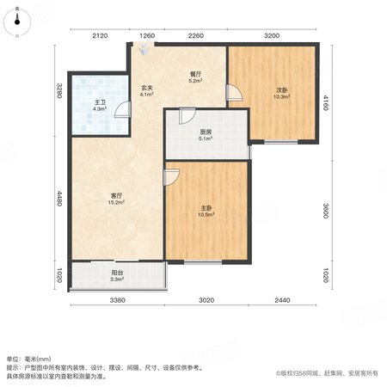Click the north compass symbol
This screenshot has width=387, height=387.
(17, 21)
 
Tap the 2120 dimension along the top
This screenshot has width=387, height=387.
(100, 36)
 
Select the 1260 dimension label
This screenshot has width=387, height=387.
(147, 36)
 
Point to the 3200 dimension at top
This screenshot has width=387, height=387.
(272, 36)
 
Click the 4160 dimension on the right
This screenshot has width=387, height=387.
(325, 103)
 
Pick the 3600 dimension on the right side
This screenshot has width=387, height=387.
(325, 211)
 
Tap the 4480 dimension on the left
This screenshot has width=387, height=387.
(59, 199)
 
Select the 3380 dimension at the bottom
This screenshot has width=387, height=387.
(118, 300)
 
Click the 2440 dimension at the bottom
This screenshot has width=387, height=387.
(282, 300)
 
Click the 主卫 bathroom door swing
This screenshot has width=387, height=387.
(123, 110)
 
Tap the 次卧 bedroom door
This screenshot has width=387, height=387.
(234, 93)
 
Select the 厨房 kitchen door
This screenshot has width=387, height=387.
(187, 116)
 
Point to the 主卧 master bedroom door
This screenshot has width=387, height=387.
(171, 177)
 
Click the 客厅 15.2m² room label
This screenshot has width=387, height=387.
(116, 199)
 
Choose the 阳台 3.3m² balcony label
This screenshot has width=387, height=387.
(117, 275)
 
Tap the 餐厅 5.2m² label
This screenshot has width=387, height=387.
(195, 77)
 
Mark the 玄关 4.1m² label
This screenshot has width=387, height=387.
(146, 90)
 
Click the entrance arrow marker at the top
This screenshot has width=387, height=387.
(143, 50)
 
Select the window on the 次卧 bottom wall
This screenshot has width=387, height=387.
(281, 142)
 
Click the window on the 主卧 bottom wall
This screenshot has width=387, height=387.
(203, 262)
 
